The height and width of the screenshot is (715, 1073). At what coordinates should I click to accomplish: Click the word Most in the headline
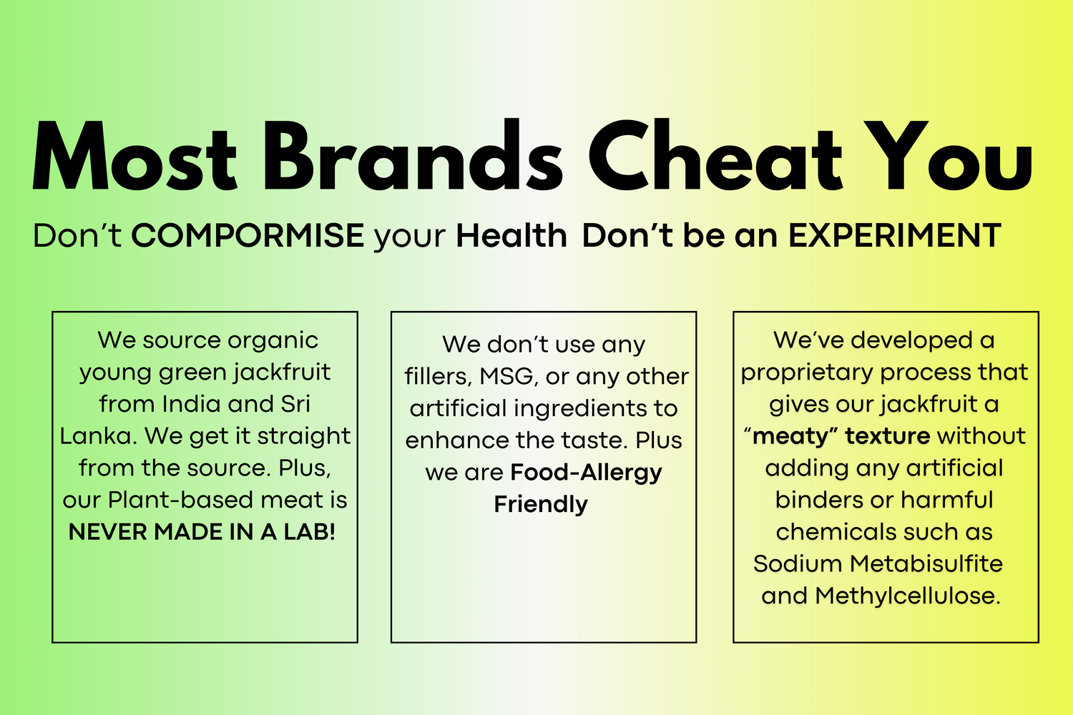point(134,157)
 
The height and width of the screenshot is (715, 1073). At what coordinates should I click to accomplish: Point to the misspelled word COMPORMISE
point(248,236)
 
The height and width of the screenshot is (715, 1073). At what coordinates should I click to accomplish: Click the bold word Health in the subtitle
point(511,236)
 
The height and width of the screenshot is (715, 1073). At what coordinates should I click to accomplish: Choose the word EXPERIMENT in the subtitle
point(895,236)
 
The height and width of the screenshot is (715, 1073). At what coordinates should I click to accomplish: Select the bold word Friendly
point(541,505)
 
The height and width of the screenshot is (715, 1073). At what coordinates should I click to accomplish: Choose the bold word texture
point(888,436)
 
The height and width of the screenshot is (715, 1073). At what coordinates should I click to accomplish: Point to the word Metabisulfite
point(926,563)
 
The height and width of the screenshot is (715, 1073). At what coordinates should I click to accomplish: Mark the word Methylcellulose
point(908,596)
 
